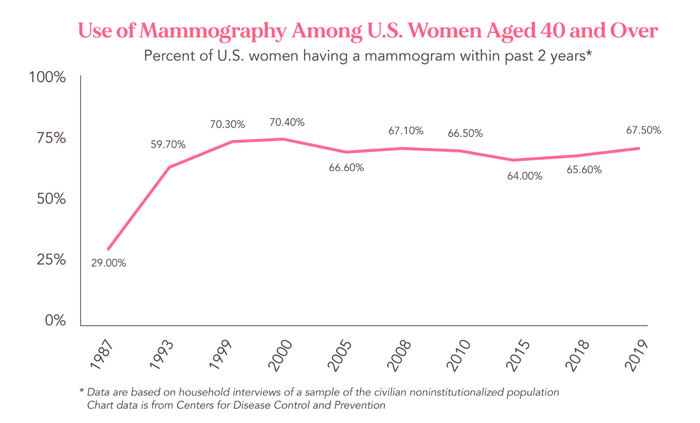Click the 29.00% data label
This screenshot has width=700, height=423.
(108, 263)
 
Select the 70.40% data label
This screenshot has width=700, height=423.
(287, 122)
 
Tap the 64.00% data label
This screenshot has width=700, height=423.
(525, 176)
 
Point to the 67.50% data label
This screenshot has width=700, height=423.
(643, 131)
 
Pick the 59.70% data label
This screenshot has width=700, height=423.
(168, 145)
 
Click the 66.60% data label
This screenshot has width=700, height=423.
(346, 168)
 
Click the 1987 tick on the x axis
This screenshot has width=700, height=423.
(101, 354)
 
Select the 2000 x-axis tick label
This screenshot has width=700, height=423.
(279, 355)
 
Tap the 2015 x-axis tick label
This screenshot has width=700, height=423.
(518, 355)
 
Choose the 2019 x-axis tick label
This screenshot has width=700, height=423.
(636, 355)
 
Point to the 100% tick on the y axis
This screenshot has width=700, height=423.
(47, 77)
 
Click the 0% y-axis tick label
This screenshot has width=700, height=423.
(55, 320)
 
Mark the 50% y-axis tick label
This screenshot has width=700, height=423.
(51, 199)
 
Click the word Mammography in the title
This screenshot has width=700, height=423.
(213, 31)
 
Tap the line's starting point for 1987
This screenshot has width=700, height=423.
(108, 249)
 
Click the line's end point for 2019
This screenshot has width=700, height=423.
(638, 148)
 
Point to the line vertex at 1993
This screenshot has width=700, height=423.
(169, 167)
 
